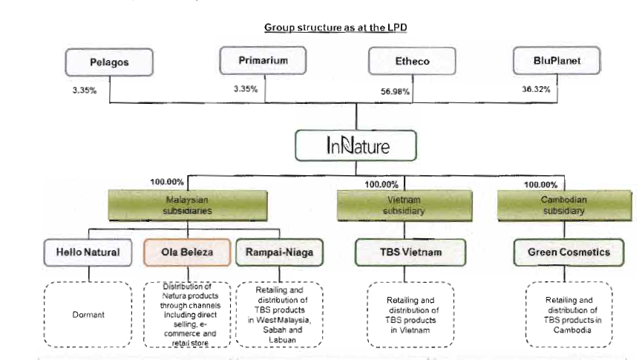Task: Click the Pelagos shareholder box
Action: pos(110,62)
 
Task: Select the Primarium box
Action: pos(263,61)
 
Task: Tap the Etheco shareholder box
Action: pos(412,62)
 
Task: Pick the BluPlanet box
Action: pos(557,62)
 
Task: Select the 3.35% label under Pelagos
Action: pos(83,91)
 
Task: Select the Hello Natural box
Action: pos(88,252)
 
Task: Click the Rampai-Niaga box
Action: pos(279,252)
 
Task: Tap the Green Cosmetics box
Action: pos(569,252)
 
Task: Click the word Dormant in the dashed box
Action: pos(88,315)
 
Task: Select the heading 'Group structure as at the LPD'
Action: pos(330,27)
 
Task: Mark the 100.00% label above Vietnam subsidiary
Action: pos(382,184)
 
